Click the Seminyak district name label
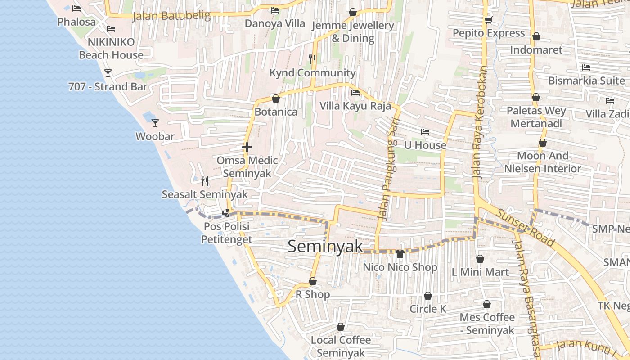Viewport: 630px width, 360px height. [325, 246]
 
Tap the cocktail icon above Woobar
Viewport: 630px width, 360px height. [155, 123]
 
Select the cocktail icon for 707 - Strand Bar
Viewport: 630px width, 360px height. [108, 73]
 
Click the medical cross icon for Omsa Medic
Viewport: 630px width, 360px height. [247, 147]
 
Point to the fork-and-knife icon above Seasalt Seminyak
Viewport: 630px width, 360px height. [205, 181]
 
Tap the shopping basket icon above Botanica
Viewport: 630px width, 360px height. [276, 98]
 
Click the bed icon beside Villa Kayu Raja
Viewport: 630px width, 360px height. [355, 93]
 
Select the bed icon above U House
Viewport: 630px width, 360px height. [425, 132]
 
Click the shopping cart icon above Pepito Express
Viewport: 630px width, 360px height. [488, 20]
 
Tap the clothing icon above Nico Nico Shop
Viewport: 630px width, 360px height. [400, 254]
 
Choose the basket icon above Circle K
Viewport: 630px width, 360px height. [427, 296]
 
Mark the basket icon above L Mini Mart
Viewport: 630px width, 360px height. [480, 259]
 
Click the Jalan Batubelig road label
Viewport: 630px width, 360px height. [171, 16]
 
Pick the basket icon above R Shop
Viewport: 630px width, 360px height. [313, 282]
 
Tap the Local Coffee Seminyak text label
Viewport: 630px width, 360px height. [341, 346]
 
